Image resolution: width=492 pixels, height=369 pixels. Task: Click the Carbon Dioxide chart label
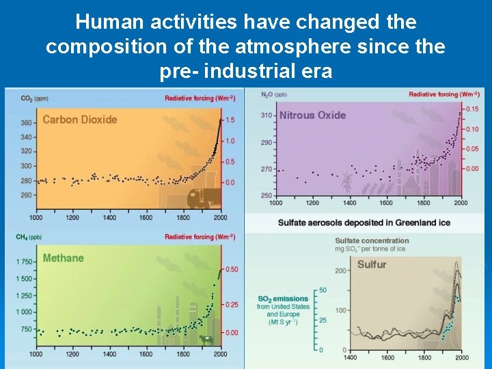(80, 120)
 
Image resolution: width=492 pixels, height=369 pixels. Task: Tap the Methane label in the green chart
(63, 258)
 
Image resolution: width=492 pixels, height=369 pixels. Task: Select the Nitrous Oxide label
(312, 115)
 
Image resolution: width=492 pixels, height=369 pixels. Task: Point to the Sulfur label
(372, 264)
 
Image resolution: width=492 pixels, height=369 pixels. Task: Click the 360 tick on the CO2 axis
(26, 123)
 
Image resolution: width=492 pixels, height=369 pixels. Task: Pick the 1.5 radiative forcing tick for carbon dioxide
(230, 120)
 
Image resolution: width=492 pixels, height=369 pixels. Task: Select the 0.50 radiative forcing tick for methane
(232, 269)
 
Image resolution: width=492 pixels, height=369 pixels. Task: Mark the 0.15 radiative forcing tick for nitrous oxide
(471, 109)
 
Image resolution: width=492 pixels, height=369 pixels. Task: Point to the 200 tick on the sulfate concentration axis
(340, 271)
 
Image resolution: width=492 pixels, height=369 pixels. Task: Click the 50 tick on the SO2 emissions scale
(323, 290)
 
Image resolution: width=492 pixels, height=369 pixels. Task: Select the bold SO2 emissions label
(283, 299)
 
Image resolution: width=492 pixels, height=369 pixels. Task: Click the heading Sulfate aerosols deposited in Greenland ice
(364, 223)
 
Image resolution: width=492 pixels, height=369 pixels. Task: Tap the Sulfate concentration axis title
(372, 241)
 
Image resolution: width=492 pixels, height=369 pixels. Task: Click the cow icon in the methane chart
(204, 338)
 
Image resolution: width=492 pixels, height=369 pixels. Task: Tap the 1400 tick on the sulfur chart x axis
(351, 357)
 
